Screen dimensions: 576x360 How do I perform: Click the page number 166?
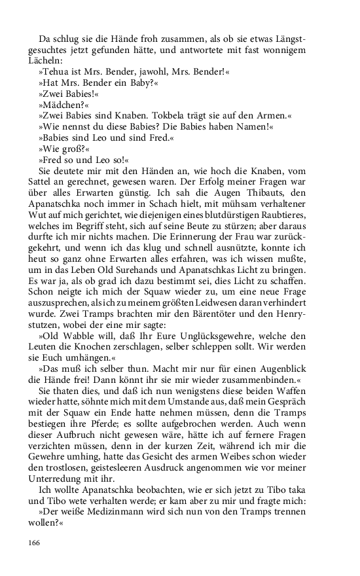(x=34, y=542)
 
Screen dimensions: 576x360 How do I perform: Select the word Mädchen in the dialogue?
(x=63, y=103)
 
